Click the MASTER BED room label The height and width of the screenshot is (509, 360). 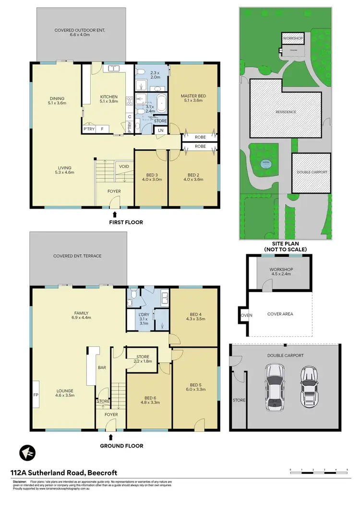click(x=193, y=96)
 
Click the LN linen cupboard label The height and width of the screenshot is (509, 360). click(x=160, y=130)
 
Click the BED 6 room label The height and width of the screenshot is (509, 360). click(x=151, y=397)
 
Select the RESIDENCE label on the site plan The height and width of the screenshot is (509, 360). click(x=286, y=112)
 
